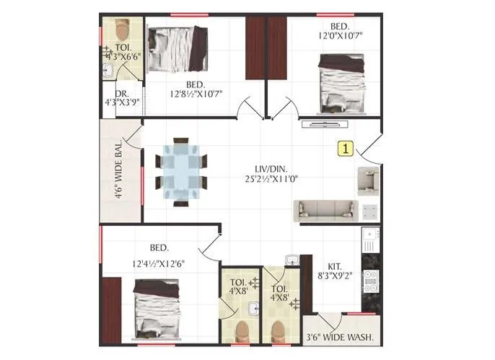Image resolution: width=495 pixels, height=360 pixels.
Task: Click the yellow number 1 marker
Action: [x=346, y=149]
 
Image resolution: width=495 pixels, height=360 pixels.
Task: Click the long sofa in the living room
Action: [x=325, y=210]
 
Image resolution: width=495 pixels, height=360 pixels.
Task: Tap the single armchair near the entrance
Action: [x=367, y=180]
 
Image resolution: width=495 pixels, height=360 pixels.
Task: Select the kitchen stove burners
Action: [x=370, y=281]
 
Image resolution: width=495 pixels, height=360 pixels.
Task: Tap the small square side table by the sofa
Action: [x=369, y=211]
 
